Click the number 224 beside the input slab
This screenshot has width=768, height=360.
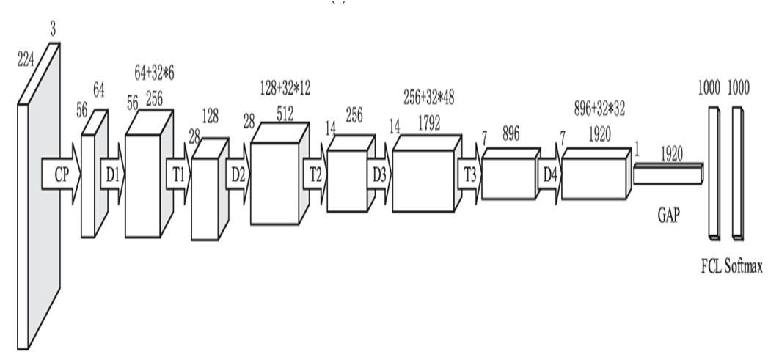click(26, 61)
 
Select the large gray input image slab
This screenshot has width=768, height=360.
click(37, 205)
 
